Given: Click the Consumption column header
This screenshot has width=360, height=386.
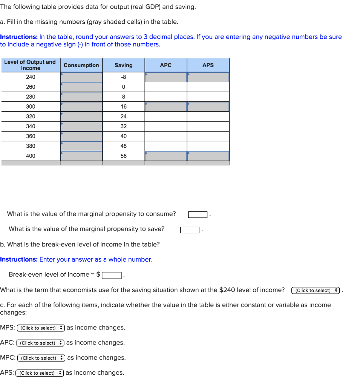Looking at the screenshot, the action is tap(81, 65).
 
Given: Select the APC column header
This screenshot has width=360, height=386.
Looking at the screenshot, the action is tap(165, 65).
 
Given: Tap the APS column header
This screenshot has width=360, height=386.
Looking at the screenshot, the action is tap(208, 65).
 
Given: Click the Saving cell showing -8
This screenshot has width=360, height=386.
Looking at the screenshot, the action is tap(124, 77).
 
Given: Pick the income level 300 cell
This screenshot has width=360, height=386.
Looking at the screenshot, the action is tap(31, 107).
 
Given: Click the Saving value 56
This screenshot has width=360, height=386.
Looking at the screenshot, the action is tap(124, 156).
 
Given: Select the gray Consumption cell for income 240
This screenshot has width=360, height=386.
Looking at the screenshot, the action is tap(81, 77).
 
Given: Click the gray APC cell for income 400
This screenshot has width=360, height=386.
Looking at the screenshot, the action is tap(166, 156).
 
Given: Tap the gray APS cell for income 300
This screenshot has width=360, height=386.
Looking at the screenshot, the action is tap(208, 107).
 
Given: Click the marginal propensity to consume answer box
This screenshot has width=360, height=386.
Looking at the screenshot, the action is tap(198, 214).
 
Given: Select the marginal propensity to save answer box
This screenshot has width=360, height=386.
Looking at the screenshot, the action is tap(190, 230).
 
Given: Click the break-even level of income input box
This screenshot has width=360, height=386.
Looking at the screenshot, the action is tap(111, 275).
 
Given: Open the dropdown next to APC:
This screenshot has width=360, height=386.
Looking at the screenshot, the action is tap(40, 343).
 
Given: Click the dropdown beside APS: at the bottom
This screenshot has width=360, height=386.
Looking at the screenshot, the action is tap(40, 373).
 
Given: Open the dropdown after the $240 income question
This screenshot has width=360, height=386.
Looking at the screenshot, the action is tap(316, 291).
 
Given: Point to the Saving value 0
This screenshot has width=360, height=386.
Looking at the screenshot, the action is tap(124, 87).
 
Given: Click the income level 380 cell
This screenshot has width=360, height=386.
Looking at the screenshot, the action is tap(31, 146).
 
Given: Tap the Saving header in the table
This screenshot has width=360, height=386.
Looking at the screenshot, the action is tap(124, 65).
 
